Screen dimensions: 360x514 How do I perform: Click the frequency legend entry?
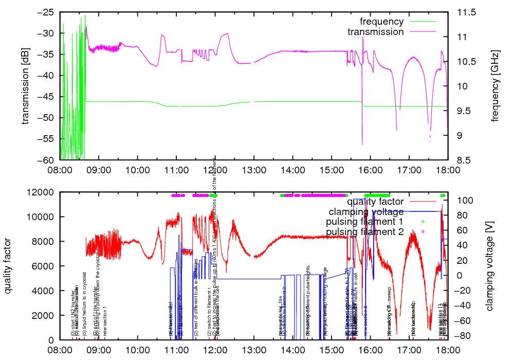[x=382, y=22]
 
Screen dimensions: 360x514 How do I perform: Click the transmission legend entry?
[x=376, y=32]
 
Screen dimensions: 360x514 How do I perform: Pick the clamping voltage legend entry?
[x=366, y=212]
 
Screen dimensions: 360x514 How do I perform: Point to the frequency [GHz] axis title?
[x=495, y=86]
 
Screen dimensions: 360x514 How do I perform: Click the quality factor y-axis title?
[x=8, y=266]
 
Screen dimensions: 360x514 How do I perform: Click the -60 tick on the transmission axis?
[x=45, y=160]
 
